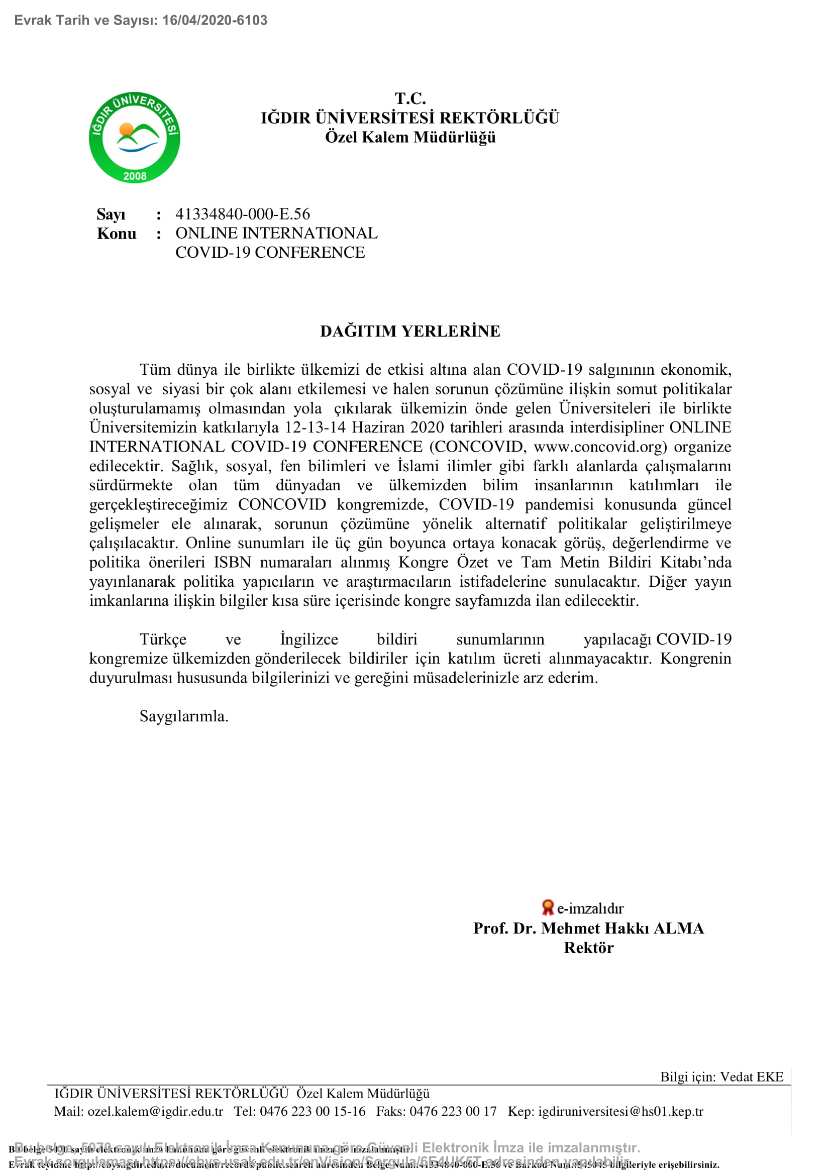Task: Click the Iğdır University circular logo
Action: point(135,137)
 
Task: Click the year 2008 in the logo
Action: point(135,176)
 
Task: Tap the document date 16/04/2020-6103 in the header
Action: point(215,21)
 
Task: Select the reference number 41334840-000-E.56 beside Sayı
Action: point(243,214)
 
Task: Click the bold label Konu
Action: point(117,234)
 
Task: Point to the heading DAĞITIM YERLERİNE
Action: point(410,331)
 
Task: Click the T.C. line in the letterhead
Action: point(410,98)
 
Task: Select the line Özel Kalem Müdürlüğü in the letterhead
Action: point(410,137)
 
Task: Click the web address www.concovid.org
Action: point(600,447)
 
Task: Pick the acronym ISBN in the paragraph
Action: point(232,562)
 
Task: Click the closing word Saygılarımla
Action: point(184,716)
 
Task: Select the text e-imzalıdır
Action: point(590,908)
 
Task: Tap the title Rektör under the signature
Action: point(588,948)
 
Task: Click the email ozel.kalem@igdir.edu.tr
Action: point(155,1111)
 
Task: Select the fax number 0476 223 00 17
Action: point(453,1111)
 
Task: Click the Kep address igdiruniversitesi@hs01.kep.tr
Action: point(620,1111)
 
